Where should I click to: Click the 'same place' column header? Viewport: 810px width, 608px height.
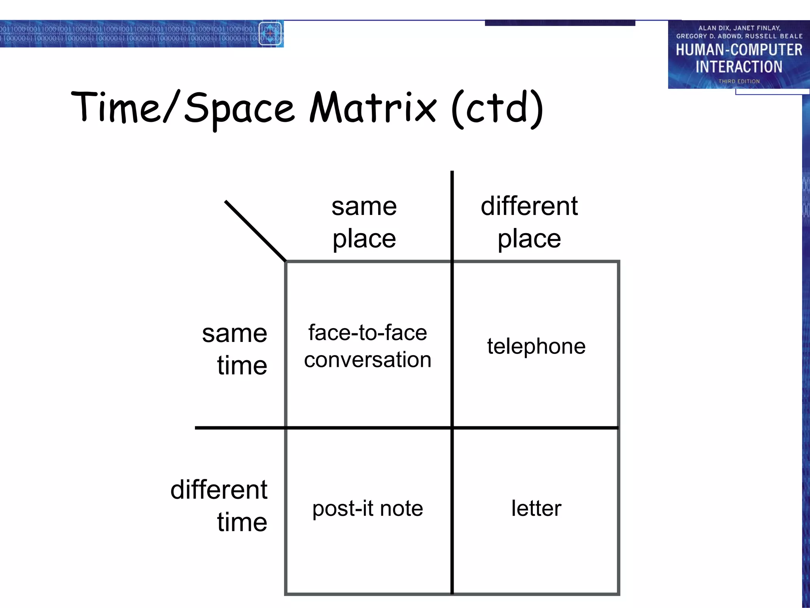pyautogui.click(x=364, y=222)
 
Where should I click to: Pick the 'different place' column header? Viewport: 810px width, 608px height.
pyautogui.click(x=529, y=222)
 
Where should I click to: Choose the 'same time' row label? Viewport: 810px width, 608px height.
pyautogui.click(x=235, y=349)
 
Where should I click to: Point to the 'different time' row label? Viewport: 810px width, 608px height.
pyautogui.click(x=219, y=506)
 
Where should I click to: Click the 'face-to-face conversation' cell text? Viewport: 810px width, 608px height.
pyautogui.click(x=367, y=346)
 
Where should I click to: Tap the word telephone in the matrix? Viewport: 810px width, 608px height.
pyautogui.click(x=536, y=346)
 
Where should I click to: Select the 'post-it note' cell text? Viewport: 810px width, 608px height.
pyautogui.click(x=367, y=508)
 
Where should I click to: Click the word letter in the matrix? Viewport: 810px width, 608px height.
pyautogui.click(x=536, y=508)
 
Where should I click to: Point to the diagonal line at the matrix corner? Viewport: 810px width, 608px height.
pyautogui.click(x=255, y=231)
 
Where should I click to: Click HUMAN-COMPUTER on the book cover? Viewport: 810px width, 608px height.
pyautogui.click(x=739, y=50)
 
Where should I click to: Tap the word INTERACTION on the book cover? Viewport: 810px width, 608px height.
pyautogui.click(x=739, y=67)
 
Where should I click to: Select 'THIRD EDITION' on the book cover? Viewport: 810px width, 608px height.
pyautogui.click(x=739, y=81)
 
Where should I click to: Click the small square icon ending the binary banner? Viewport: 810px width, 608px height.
pyautogui.click(x=270, y=34)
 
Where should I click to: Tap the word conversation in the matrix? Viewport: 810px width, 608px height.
pyautogui.click(x=367, y=360)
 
